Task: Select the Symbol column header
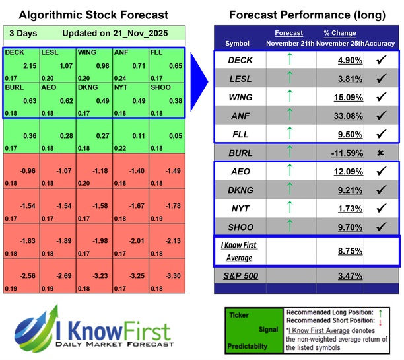pyautogui.click(x=238, y=44)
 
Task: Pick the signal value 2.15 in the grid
pyautogui.click(x=29, y=67)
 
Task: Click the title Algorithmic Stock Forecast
pyautogui.click(x=93, y=15)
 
